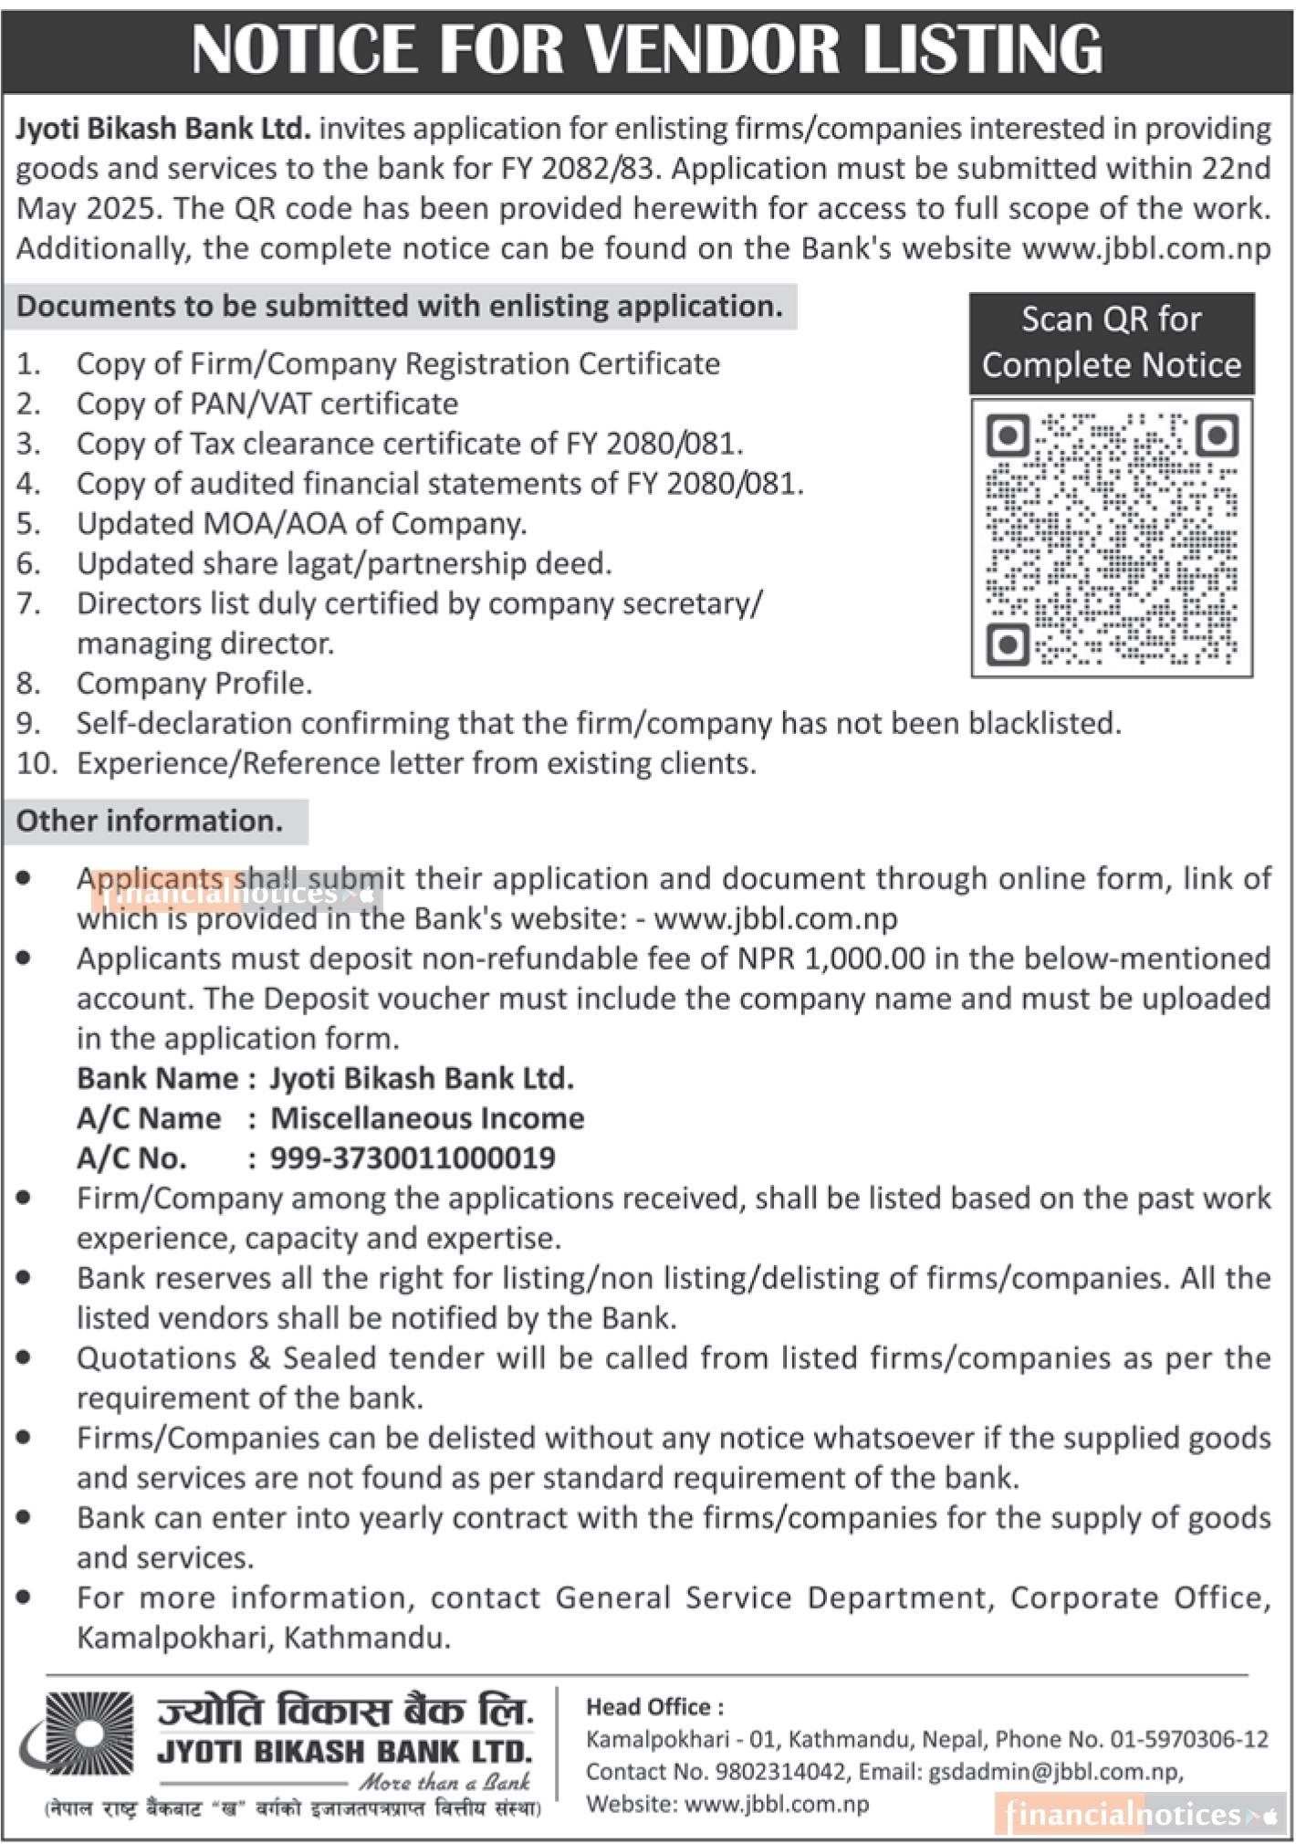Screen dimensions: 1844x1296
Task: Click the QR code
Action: pos(1112,539)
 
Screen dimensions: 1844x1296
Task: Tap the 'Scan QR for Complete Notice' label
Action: pos(1112,342)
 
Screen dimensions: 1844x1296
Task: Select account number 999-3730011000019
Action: pos(413,1158)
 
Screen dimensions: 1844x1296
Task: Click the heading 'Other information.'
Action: pos(150,821)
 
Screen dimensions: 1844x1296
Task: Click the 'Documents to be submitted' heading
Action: pos(399,306)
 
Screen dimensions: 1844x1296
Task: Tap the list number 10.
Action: pos(37,763)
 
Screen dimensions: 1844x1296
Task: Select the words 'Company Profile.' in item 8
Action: pos(194,683)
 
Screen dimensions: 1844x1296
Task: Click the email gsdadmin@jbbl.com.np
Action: pos(1054,1772)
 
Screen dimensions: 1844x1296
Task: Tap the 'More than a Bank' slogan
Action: pos(444,1781)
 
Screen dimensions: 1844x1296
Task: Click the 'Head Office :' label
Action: pos(654,1707)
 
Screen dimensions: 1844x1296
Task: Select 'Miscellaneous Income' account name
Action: pos(427,1118)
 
